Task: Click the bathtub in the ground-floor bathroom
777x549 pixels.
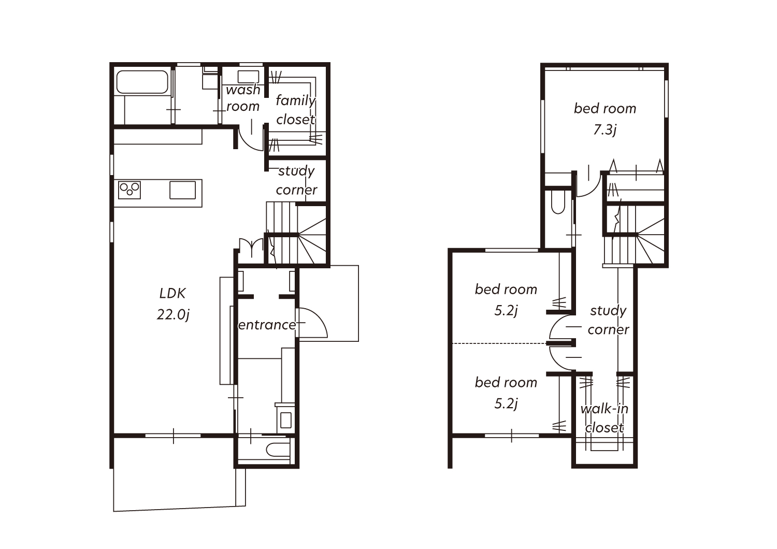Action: pos(142,82)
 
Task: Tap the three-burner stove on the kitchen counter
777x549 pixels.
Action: pos(129,190)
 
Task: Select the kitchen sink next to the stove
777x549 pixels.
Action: pos(182,190)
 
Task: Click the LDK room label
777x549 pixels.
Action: pos(172,293)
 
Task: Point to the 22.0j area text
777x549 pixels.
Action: pos(172,314)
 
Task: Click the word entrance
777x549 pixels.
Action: pos(267,325)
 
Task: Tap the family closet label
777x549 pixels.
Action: pos(296,110)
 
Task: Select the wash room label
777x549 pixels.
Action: pos(243,98)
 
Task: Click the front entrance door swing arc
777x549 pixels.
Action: pos(318,317)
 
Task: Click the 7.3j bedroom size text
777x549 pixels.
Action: pos(605,130)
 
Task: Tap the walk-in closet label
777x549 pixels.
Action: pos(605,418)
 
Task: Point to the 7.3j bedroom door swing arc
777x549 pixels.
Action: pos(593,190)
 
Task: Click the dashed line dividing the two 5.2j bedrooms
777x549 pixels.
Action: pos(499,343)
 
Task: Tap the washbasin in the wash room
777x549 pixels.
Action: pos(248,77)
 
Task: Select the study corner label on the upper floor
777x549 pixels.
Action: pos(609,320)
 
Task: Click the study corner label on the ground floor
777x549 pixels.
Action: pos(296,180)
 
